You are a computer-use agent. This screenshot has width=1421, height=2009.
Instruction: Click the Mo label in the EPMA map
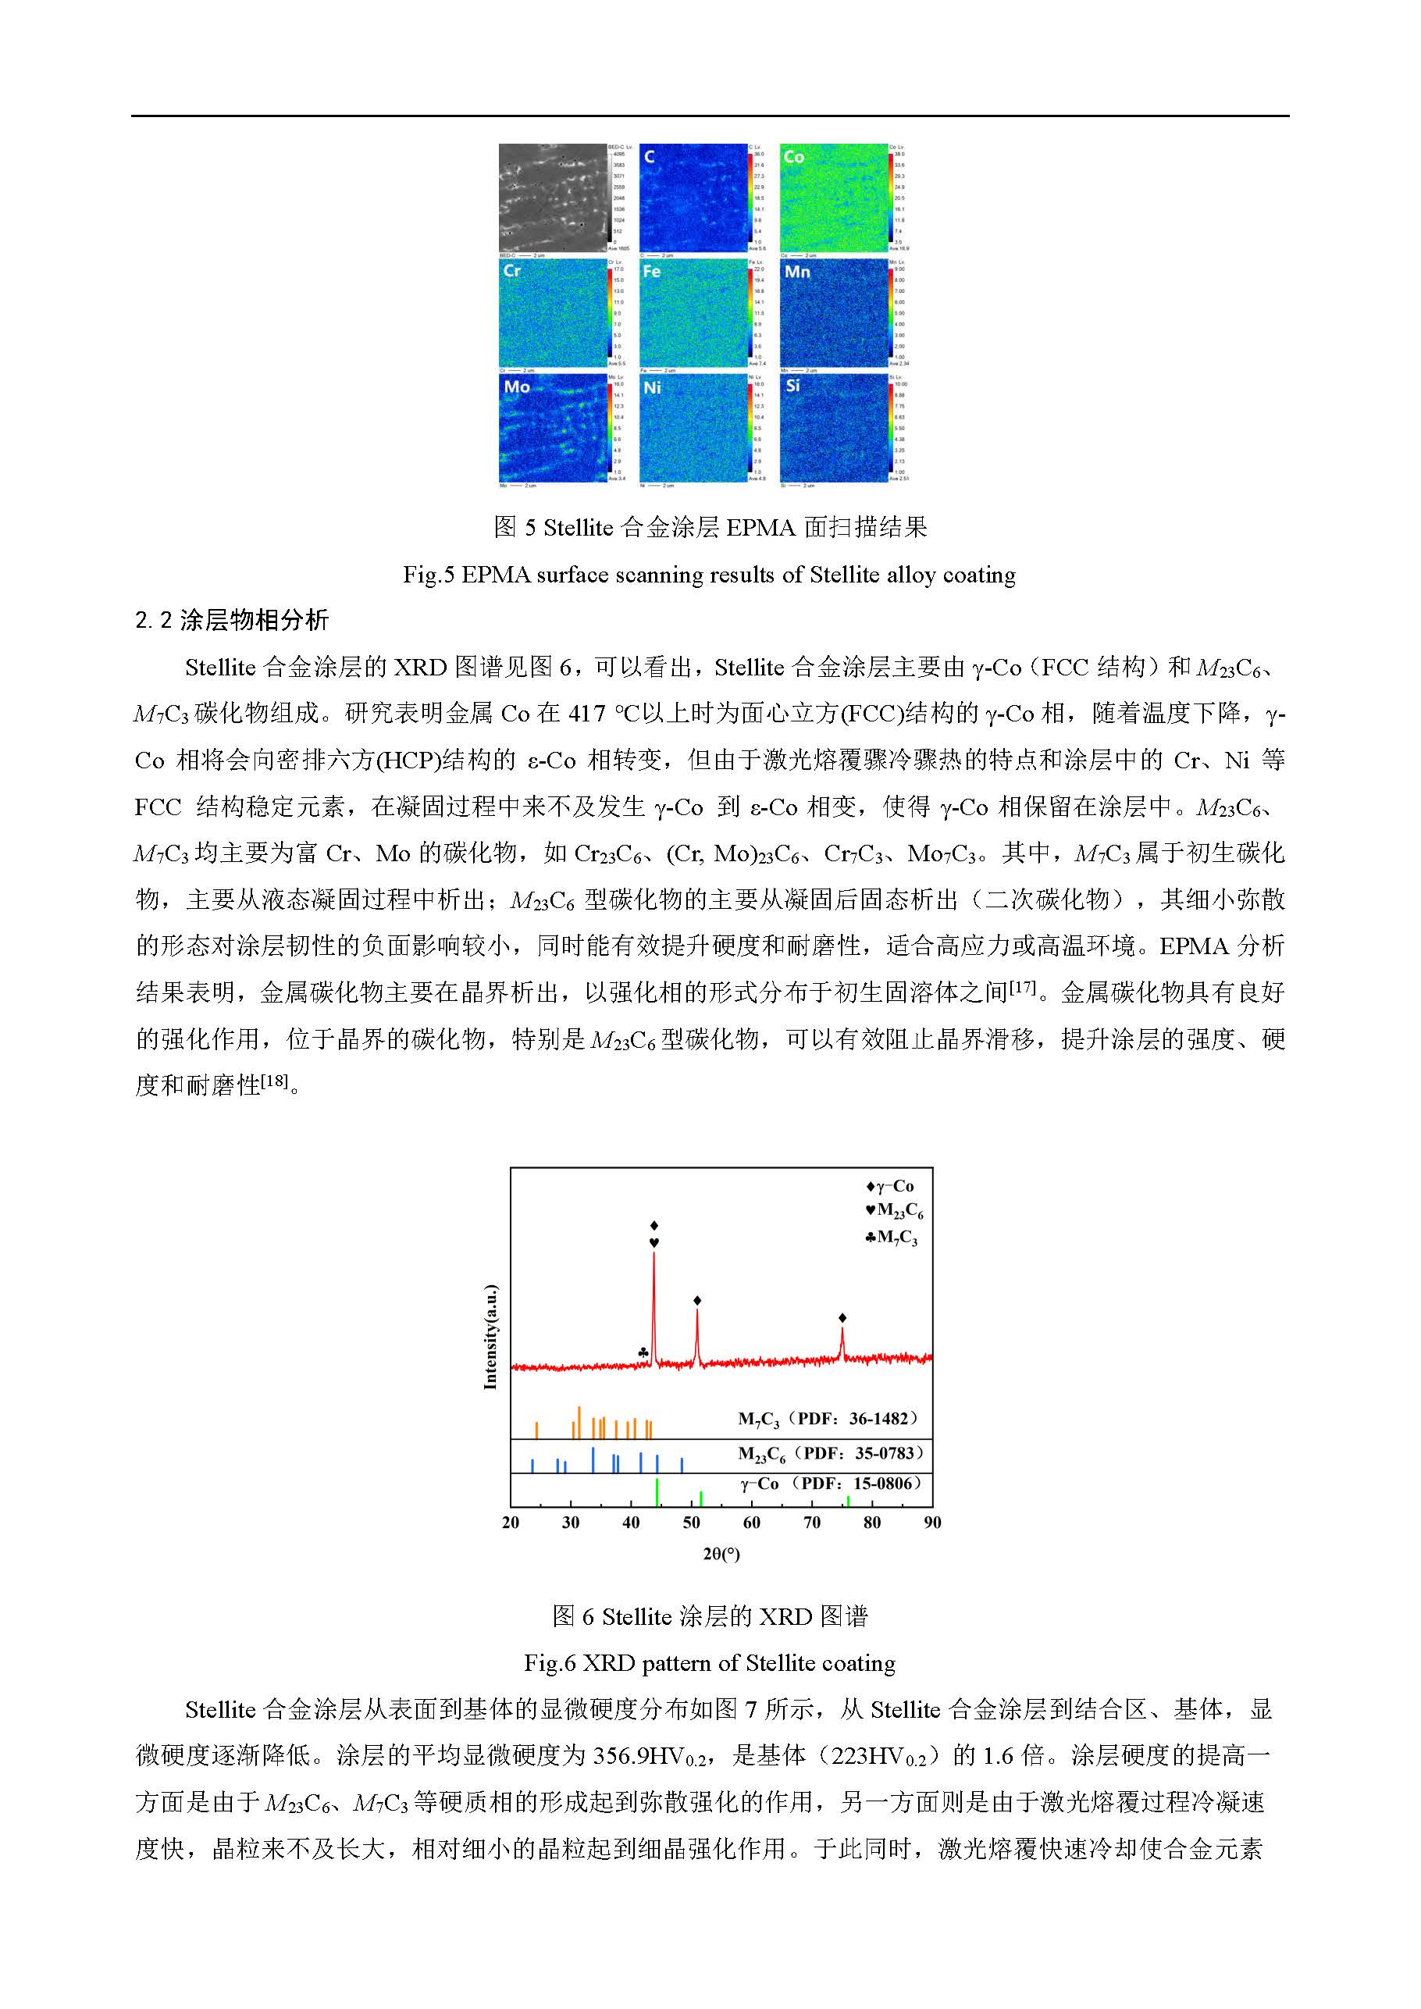pyautogui.click(x=517, y=386)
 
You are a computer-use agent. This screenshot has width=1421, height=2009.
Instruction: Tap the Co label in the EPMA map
pyautogui.click(x=793, y=157)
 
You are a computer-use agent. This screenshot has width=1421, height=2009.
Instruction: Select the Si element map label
pyautogui.click(x=792, y=385)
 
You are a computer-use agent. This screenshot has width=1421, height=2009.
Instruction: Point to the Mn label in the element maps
pyautogui.click(x=796, y=272)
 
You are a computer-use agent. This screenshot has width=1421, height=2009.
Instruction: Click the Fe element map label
pyautogui.click(x=651, y=272)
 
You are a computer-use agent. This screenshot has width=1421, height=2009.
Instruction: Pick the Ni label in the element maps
pyautogui.click(x=652, y=386)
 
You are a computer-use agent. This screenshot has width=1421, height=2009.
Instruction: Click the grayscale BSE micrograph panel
pyautogui.click(x=552, y=198)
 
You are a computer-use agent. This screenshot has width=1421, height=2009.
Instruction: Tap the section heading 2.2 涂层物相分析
pyautogui.click(x=232, y=621)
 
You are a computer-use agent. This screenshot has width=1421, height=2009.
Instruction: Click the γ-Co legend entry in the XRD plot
pyautogui.click(x=890, y=1187)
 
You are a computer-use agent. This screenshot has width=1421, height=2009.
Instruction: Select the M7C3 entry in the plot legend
pyautogui.click(x=892, y=1238)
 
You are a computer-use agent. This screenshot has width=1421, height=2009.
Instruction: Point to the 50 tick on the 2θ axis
pyautogui.click(x=691, y=1523)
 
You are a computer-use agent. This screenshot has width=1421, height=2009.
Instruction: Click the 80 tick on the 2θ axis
pyautogui.click(x=872, y=1523)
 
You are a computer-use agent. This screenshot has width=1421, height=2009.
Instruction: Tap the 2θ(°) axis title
pyautogui.click(x=721, y=1554)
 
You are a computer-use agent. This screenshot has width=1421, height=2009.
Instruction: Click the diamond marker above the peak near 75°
pyautogui.click(x=842, y=1318)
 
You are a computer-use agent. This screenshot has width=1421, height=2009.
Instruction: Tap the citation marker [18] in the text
pyautogui.click(x=274, y=1081)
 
